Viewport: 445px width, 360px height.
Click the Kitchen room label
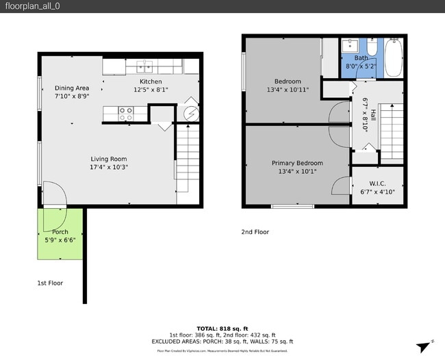coord(151,81)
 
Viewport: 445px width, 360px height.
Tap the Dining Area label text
coord(72,88)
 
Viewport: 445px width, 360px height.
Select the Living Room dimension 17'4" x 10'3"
coord(110,167)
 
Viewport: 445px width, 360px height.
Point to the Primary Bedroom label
coord(297,163)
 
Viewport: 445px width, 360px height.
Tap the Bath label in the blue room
coord(361,58)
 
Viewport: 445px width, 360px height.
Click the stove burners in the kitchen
coord(126,114)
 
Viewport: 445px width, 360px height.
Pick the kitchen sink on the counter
coord(144,66)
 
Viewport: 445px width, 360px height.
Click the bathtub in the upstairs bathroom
coord(394,57)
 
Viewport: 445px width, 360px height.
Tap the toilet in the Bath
coord(371,47)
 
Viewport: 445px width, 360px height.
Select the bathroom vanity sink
coord(349,46)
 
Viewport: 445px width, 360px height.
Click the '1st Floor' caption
coord(50,283)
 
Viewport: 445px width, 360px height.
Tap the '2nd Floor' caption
coord(255,232)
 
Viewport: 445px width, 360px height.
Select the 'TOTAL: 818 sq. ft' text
coord(222,329)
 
